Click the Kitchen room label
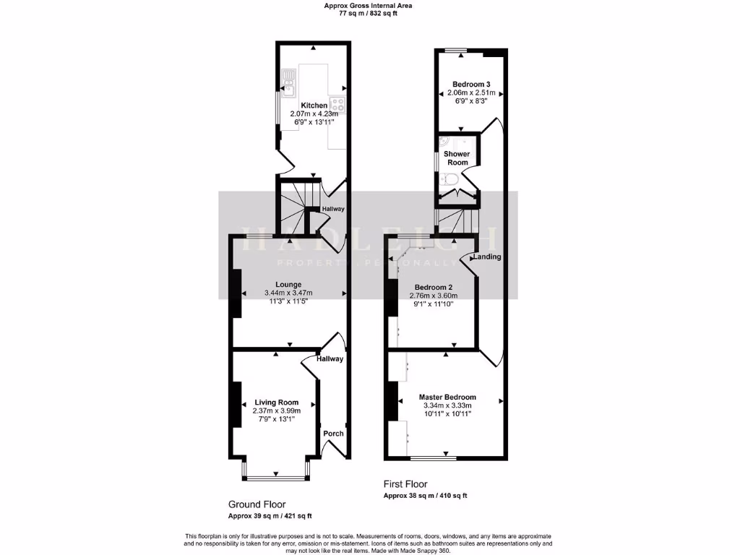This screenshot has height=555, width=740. point(313,106)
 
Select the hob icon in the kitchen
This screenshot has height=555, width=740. point(337,104)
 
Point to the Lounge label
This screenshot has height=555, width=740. point(288,284)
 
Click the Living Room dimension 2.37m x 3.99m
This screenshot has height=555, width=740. point(277,410)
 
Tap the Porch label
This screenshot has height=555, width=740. point(333,434)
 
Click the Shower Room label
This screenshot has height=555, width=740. point(457,158)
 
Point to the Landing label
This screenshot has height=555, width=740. point(487,257)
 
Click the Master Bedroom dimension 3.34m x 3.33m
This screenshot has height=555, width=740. point(447,405)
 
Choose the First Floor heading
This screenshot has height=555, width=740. point(405,484)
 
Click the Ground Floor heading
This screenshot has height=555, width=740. point(257,504)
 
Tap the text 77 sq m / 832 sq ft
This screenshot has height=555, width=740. point(369,14)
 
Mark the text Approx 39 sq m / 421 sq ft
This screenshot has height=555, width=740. point(270,516)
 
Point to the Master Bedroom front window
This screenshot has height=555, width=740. point(434,458)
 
